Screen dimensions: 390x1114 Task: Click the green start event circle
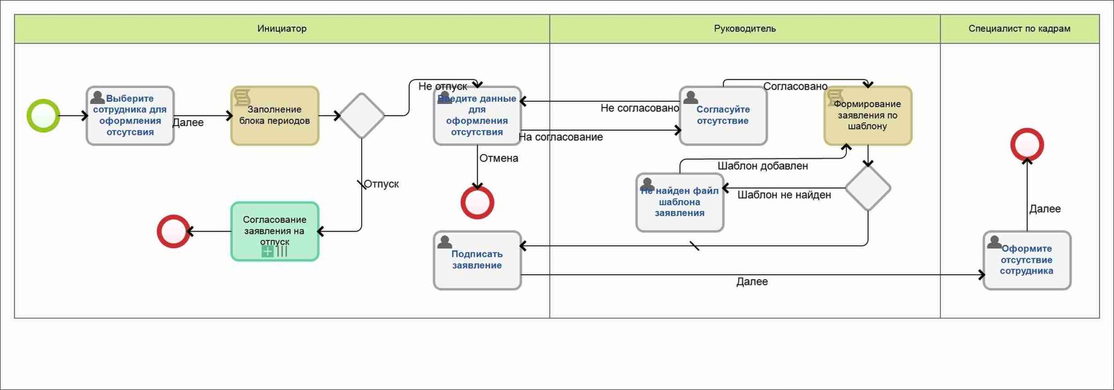(44, 116)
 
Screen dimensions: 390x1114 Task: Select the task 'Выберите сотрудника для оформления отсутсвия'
(130, 116)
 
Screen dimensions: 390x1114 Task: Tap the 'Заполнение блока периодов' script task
(275, 116)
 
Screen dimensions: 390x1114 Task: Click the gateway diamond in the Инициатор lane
(362, 116)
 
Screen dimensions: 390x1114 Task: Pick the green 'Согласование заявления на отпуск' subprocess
(275, 231)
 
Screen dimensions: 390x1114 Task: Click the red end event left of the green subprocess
(174, 232)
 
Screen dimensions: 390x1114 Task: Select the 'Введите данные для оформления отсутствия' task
(477, 116)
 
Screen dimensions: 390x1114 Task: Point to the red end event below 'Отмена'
(477, 202)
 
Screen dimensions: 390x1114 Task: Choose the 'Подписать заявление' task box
(477, 260)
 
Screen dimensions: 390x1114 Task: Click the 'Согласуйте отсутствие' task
(723, 116)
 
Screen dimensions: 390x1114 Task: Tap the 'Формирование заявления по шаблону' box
(868, 116)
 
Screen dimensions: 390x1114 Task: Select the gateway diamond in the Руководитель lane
(868, 188)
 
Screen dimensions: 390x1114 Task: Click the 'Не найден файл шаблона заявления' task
(679, 202)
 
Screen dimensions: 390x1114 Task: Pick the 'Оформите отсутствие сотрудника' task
(1026, 260)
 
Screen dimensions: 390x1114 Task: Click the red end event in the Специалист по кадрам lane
(1027, 145)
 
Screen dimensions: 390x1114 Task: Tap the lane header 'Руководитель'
(745, 29)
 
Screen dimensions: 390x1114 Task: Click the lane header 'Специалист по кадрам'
(1019, 29)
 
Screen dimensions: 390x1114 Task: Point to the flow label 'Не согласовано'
(639, 108)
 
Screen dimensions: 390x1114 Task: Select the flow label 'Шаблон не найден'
(784, 195)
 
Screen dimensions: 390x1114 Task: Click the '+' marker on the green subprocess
(268, 251)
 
